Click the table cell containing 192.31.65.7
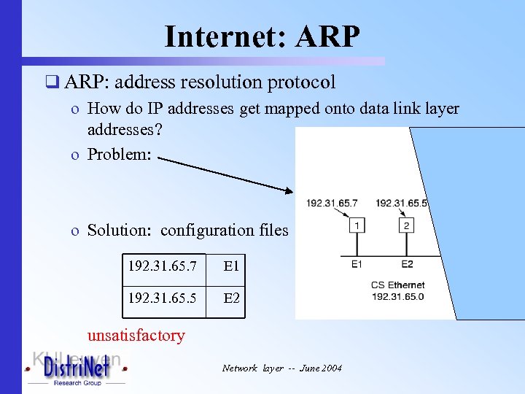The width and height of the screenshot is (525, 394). [162, 267]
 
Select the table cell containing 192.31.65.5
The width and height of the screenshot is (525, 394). [162, 298]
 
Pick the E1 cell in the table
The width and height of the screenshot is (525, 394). [232, 267]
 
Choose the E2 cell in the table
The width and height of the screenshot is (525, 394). [232, 298]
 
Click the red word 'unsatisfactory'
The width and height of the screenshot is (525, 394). [136, 336]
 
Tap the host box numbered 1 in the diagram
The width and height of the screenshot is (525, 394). [357, 226]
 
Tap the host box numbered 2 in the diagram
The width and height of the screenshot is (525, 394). [407, 226]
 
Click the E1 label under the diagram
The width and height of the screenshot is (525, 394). [357, 264]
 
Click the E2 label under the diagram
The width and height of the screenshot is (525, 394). [407, 264]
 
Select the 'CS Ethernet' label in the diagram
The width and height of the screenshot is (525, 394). [397, 285]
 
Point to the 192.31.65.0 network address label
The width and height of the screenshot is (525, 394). [397, 297]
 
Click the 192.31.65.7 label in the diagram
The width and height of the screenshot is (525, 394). [332, 203]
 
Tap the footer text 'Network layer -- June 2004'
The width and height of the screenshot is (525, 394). [281, 368]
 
